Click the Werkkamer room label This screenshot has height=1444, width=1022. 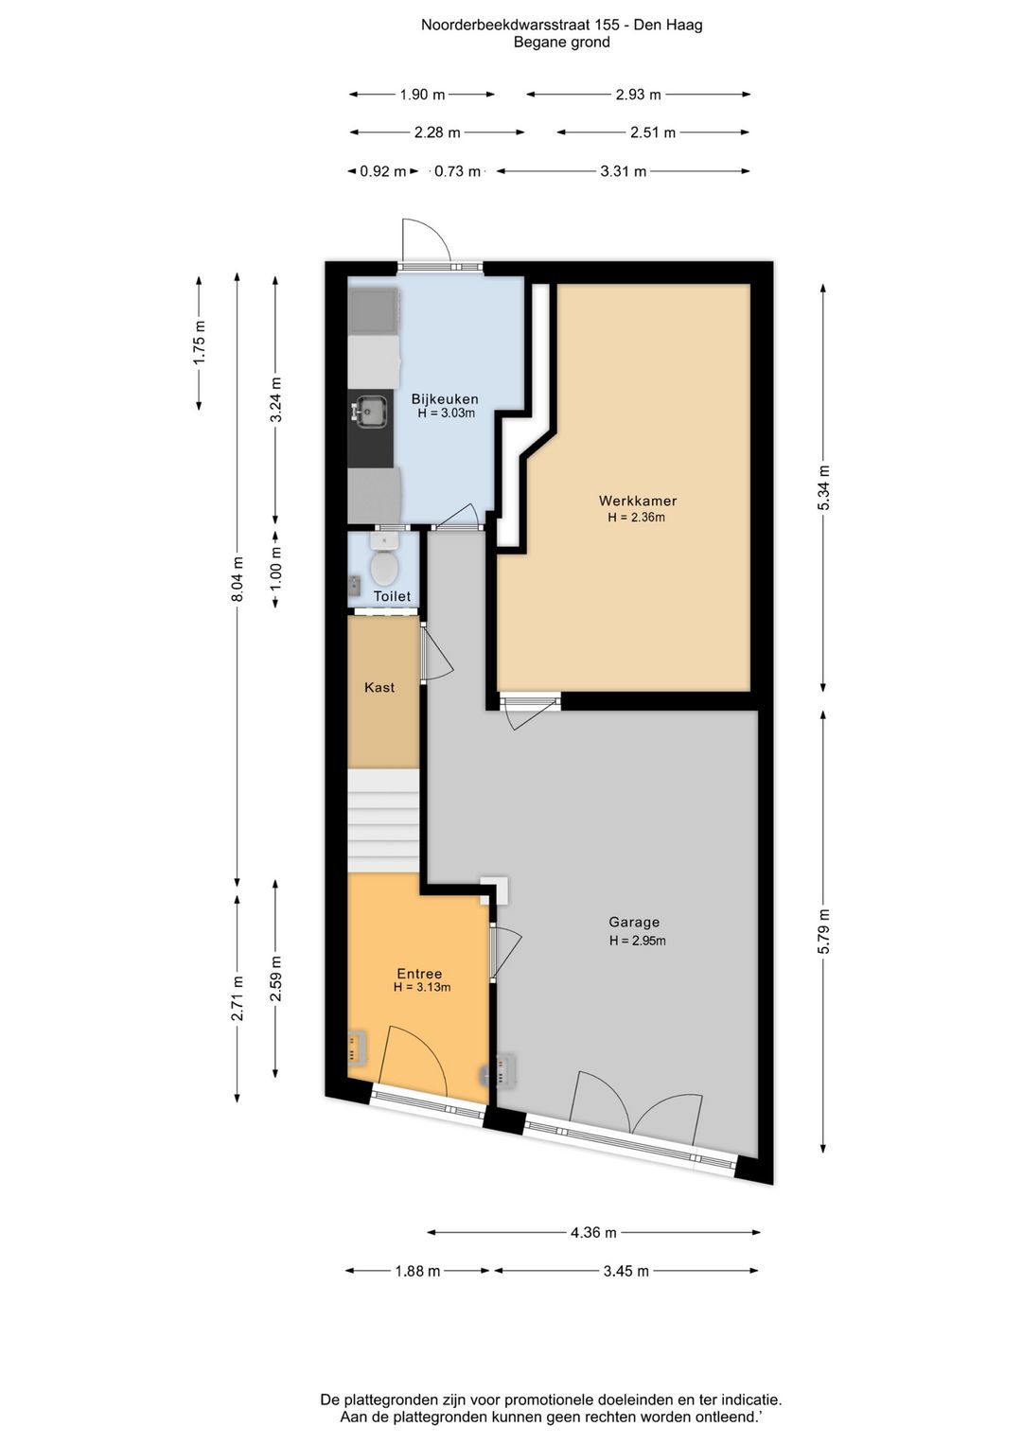pyautogui.click(x=637, y=501)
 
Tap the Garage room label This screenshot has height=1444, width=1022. pyautogui.click(x=634, y=923)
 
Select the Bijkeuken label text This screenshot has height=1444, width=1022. pyautogui.click(x=445, y=399)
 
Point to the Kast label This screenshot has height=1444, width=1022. pyautogui.click(x=379, y=687)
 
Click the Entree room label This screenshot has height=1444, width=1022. pyautogui.click(x=419, y=974)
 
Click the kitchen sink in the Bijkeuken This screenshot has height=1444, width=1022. pyautogui.click(x=369, y=411)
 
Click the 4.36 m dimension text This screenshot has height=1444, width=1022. pyautogui.click(x=593, y=1233)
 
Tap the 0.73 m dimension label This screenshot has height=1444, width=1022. pyautogui.click(x=457, y=171)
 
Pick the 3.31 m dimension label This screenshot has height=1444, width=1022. pyautogui.click(x=623, y=171)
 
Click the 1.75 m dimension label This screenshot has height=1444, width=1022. pyautogui.click(x=200, y=343)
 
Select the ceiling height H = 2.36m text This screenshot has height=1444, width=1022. pyautogui.click(x=637, y=517)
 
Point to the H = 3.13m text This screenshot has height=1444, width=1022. pyautogui.click(x=422, y=987)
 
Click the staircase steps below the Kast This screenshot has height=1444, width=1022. pyautogui.click(x=383, y=820)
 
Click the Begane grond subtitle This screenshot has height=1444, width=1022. pyautogui.click(x=561, y=43)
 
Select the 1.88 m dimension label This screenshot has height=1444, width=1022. pyautogui.click(x=417, y=1272)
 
